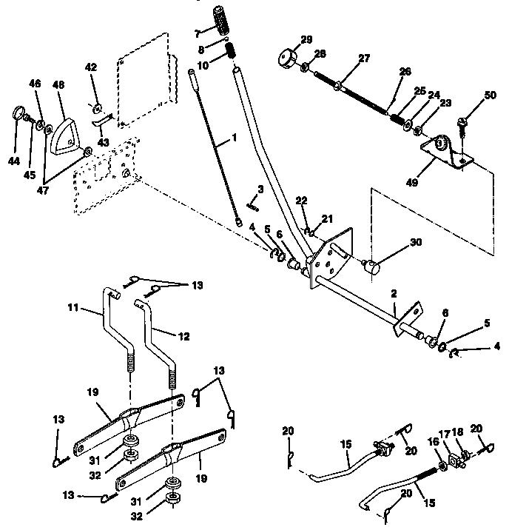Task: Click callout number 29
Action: click(306, 39)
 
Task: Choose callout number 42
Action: click(91, 67)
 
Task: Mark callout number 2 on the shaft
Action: click(394, 293)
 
